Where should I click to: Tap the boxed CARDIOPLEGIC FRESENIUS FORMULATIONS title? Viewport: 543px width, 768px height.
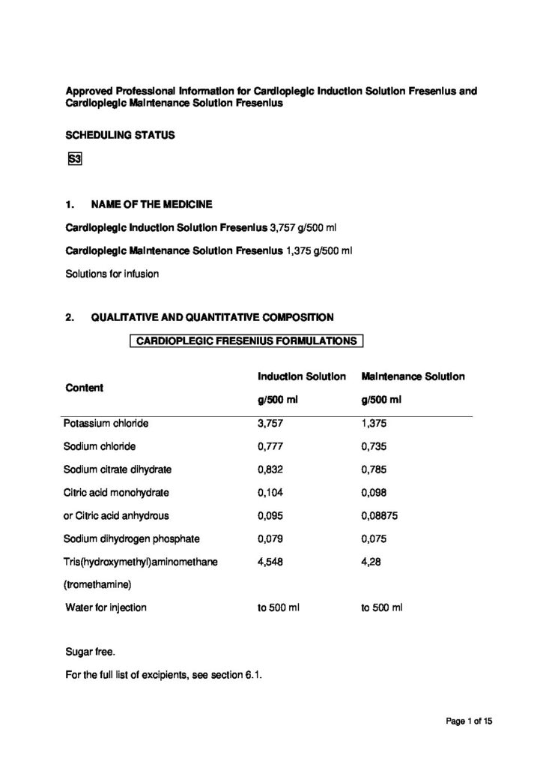point(246,340)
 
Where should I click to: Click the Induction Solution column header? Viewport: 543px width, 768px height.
point(302,375)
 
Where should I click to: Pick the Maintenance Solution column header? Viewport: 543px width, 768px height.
point(413,375)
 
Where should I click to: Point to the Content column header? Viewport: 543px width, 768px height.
point(85,388)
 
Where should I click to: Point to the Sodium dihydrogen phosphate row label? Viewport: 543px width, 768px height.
point(127,538)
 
